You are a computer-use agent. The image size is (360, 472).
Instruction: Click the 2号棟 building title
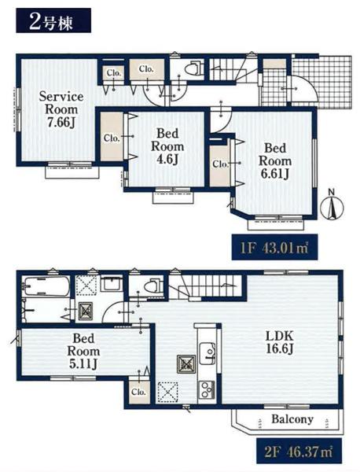53,20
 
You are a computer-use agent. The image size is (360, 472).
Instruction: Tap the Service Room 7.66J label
61,109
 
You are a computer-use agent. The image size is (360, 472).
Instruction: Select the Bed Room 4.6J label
167,146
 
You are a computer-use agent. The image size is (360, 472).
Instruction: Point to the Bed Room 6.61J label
275,161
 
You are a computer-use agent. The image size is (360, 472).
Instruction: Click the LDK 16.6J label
279,342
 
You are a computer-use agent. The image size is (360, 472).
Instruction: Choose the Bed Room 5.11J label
83,352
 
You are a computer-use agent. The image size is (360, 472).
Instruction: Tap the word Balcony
292,419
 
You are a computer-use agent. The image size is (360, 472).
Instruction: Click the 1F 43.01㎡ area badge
274,247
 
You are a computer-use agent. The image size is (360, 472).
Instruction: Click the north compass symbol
332,205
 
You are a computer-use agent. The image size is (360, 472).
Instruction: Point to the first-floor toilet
192,68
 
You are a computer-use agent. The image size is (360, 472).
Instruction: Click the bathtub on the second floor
46,286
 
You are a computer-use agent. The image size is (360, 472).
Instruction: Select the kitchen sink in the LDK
208,352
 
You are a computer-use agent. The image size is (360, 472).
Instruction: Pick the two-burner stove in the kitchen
206,390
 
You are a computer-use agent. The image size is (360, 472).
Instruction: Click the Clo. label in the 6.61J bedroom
220,164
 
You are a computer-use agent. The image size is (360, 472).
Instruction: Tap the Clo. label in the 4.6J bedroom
112,138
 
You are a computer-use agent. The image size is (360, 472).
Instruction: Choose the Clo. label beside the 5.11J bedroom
138,392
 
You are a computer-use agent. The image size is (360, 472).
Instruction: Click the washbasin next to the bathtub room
112,284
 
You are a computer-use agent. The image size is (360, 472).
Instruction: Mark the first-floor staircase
233,70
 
